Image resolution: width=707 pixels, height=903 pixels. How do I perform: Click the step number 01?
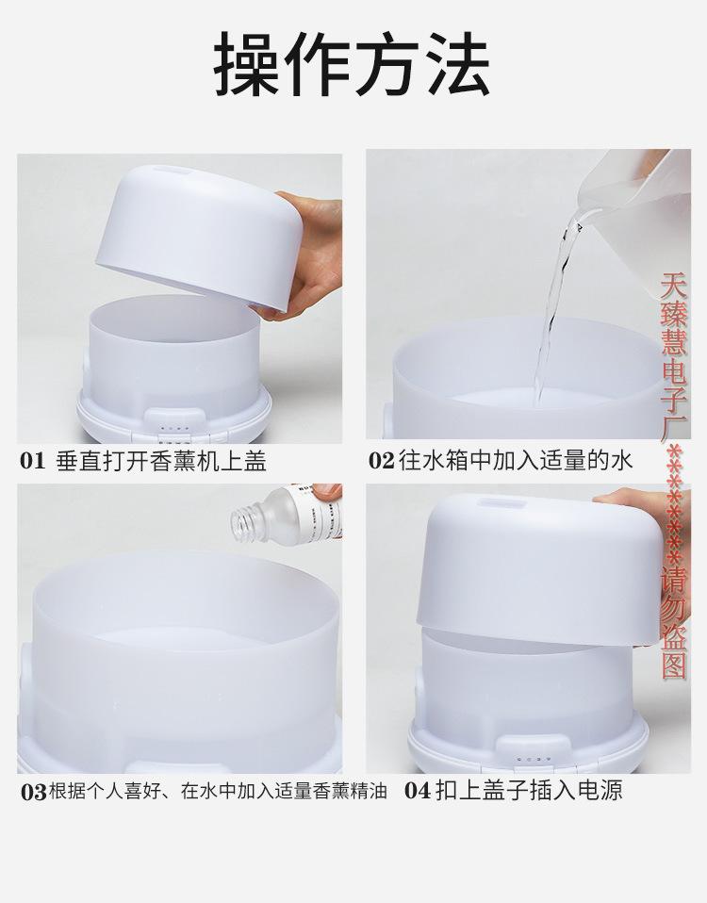(33, 461)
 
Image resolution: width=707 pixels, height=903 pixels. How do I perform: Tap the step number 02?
(380, 461)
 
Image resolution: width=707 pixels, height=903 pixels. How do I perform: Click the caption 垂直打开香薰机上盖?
(160, 461)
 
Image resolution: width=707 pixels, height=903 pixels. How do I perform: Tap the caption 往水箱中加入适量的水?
(514, 461)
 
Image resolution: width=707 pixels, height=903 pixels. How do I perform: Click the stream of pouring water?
(554, 302)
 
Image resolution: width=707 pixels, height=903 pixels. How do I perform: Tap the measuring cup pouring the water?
(622, 189)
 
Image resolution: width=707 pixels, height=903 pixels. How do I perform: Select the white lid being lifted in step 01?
(198, 236)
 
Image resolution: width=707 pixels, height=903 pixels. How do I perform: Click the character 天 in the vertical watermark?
(673, 284)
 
